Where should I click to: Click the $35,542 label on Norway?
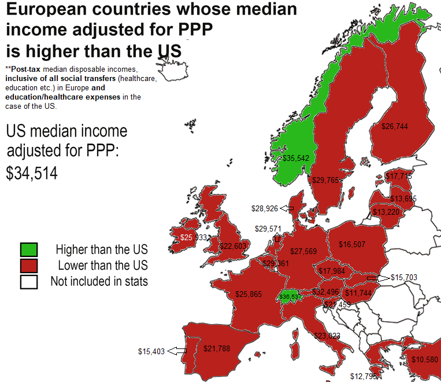[x=295, y=158]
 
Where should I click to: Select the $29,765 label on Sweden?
[x=325, y=181]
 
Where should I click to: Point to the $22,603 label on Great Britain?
[x=234, y=246]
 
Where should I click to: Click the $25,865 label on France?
[x=249, y=295]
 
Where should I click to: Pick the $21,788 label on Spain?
[x=217, y=348]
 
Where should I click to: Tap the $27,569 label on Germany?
[x=303, y=251]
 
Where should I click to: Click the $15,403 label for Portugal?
[x=151, y=351]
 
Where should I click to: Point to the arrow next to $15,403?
[x=177, y=351]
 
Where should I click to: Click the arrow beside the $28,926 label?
[x=287, y=208]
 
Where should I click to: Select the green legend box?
[x=28, y=249]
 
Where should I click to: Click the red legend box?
[x=28, y=266]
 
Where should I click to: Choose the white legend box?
[x=28, y=282]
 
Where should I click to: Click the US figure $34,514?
[x=32, y=173]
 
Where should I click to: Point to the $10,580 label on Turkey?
[x=425, y=359]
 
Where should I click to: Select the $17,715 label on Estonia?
[x=399, y=176]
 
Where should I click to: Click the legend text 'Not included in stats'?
[x=99, y=282]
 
